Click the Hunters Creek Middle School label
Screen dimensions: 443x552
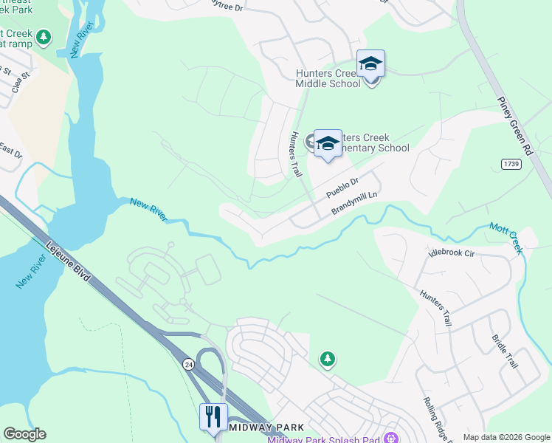(328, 78)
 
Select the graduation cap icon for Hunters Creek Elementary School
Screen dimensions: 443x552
(328, 143)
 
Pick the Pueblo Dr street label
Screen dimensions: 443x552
(342, 188)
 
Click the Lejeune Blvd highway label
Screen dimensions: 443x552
(69, 264)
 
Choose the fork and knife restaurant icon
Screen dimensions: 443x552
(213, 417)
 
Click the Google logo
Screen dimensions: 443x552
(24, 434)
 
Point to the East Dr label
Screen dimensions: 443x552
(10, 152)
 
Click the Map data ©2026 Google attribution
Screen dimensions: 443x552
(506, 437)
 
